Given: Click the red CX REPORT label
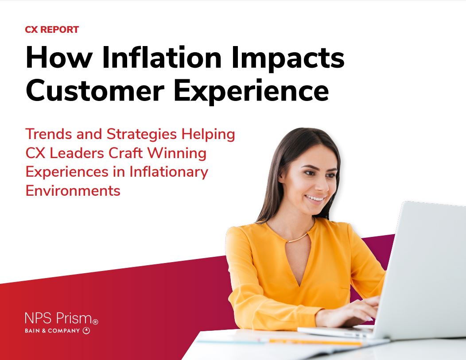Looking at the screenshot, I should (52, 30).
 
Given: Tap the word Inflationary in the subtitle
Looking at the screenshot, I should (168, 172).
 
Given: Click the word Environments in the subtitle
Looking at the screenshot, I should (73, 191).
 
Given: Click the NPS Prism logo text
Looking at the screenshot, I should (58, 318).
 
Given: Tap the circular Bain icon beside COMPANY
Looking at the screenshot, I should (86, 330).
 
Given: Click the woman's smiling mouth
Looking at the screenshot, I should (315, 198).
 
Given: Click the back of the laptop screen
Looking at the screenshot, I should (425, 266).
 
